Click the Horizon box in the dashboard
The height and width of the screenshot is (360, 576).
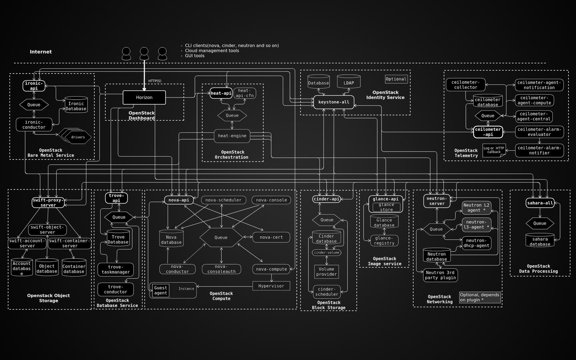144,98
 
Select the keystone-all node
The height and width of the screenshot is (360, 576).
334,102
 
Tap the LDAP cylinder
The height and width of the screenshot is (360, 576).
348,83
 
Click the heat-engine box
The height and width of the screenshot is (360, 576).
232,136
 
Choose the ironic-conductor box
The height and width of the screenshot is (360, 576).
34,125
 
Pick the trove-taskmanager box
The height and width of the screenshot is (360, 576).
116,270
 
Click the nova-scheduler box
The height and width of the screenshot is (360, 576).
223,200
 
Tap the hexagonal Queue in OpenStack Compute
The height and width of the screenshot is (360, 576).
221,238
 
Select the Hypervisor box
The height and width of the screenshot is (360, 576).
271,286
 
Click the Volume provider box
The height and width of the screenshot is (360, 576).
326,272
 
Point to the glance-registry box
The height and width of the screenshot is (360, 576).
384,240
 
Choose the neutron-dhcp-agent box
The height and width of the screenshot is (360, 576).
476,243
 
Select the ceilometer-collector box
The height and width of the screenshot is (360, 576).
466,85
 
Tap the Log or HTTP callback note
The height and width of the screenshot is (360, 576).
494,150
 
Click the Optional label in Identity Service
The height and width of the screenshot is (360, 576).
396,79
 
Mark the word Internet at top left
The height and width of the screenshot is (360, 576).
41,52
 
